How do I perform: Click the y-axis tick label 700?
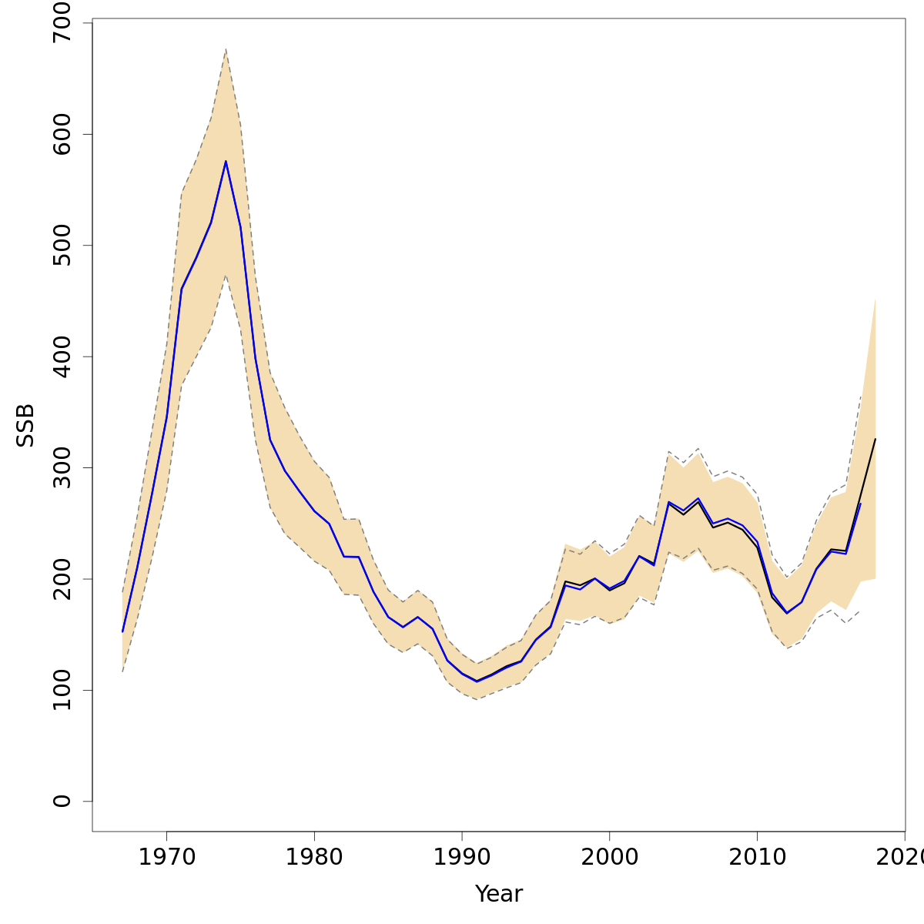pos(62,23)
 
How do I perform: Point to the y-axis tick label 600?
pos(62,134)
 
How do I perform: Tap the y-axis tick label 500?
pos(62,245)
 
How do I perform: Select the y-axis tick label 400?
pos(62,357)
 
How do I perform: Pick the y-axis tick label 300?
pos(62,467)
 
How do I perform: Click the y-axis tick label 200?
pos(62,578)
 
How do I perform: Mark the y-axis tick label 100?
pos(62,690)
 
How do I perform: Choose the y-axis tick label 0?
pos(62,801)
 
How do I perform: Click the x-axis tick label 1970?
pos(166,858)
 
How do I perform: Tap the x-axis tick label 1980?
pos(314,858)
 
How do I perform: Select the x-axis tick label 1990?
pos(462,858)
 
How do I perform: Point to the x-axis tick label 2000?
pos(610,858)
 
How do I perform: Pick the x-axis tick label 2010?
pos(758,858)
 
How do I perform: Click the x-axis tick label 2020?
pos(902,858)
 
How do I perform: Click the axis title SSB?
pos(26,425)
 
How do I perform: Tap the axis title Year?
pos(499,894)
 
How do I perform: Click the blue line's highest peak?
pos(226,161)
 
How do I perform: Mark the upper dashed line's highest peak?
pos(226,49)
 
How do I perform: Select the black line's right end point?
pos(875,439)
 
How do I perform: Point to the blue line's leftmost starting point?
pos(122,631)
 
